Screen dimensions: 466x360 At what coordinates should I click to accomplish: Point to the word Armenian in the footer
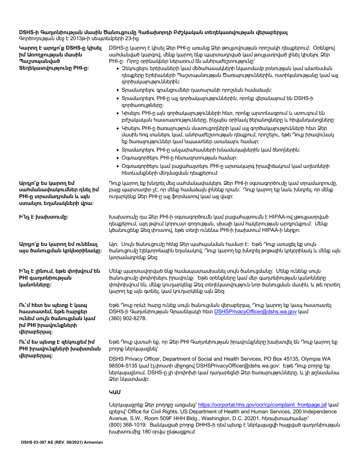[x=91, y=442]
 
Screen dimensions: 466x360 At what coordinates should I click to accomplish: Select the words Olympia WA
[x=315, y=359]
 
